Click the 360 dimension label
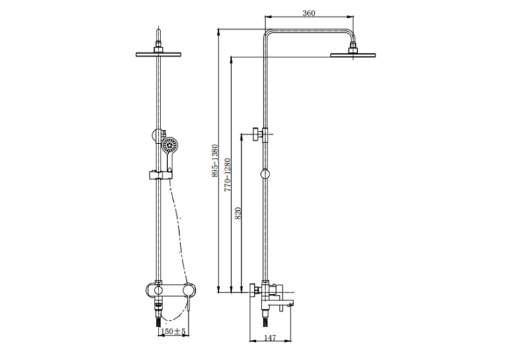(x=308, y=13)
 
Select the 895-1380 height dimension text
(x=215, y=161)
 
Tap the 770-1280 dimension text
(x=227, y=174)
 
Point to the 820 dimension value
(x=238, y=213)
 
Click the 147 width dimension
(x=270, y=338)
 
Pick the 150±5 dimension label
(x=173, y=332)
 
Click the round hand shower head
(x=169, y=145)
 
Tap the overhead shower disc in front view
(x=158, y=54)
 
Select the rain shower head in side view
(x=353, y=55)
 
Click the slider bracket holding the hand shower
(x=161, y=175)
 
